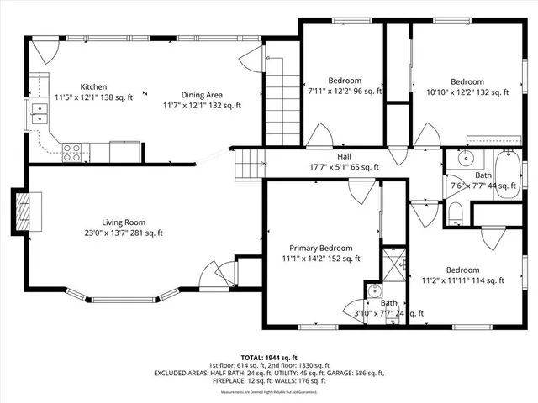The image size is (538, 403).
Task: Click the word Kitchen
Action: pos(92,87)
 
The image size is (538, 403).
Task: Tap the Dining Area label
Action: pos(202,95)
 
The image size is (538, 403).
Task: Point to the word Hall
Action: pos(345,156)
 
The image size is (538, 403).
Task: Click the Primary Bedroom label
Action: pos(320,249)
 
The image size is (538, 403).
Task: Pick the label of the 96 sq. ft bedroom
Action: pos(345,81)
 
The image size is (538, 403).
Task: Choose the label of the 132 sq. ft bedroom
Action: pos(467,81)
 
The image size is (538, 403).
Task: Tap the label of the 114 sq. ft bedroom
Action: pos(462,270)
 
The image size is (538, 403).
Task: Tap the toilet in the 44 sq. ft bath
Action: pos(456,212)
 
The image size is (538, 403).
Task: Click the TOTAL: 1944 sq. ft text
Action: pos(268,357)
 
